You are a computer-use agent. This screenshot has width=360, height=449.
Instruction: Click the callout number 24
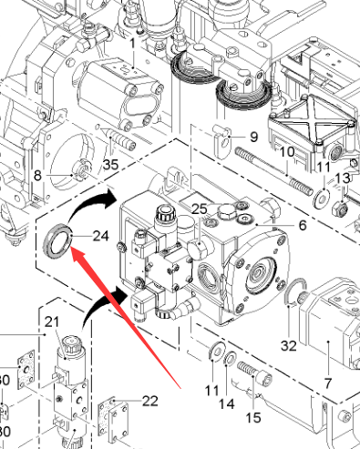tap(100, 236)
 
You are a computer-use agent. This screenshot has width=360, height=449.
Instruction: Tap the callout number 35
tap(110, 165)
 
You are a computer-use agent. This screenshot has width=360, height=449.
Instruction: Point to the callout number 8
tap(37, 175)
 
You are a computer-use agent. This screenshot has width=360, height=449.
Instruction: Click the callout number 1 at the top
tap(133, 44)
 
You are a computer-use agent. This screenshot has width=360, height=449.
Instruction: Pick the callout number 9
tap(253, 137)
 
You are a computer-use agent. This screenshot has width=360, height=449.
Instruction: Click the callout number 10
tap(287, 152)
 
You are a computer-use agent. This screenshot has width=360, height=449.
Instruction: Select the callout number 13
tap(343, 179)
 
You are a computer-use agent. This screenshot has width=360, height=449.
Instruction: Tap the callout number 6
tap(303, 225)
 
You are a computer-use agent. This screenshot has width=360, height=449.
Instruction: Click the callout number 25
tap(200, 209)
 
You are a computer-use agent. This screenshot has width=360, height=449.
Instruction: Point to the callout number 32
tap(288, 345)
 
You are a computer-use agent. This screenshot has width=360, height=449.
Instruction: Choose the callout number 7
tap(327, 383)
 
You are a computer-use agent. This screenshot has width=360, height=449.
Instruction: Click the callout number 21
tap(52, 321)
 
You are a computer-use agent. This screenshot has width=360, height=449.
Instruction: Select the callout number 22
tap(150, 401)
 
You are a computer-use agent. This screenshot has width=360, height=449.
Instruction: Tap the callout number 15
tap(253, 418)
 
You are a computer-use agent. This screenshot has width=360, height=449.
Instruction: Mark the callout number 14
tap(227, 403)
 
